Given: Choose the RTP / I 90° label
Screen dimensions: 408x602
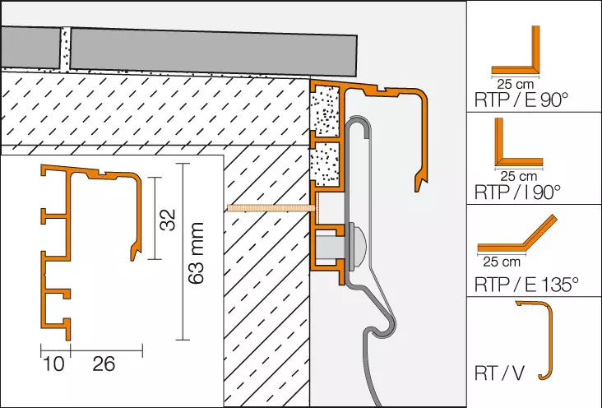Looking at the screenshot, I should (x=518, y=192).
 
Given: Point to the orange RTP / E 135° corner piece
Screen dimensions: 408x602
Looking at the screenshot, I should (x=518, y=241).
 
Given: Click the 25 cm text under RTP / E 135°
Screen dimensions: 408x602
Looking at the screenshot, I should (x=500, y=263).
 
